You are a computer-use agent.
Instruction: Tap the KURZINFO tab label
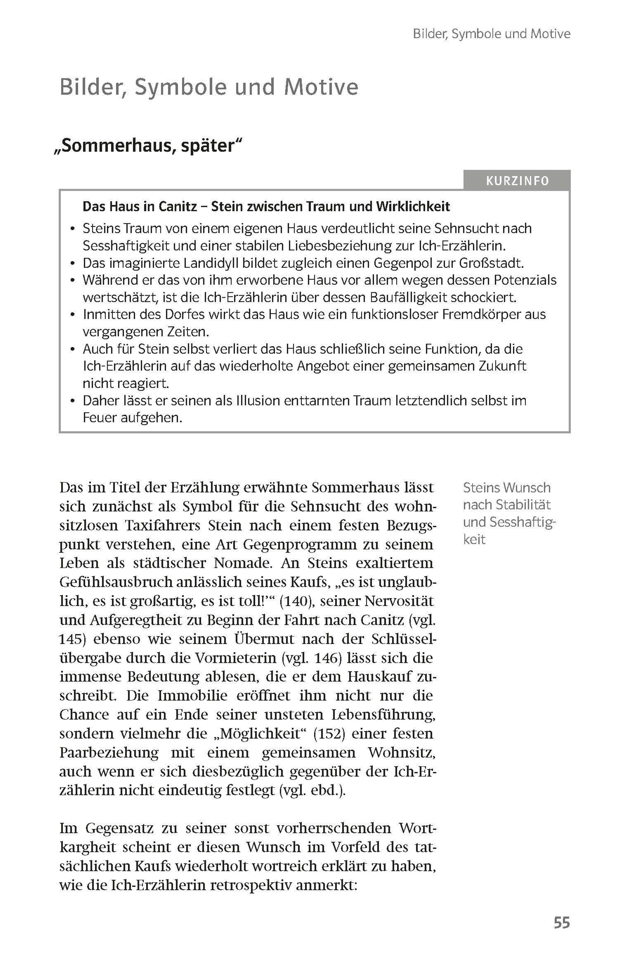(517, 181)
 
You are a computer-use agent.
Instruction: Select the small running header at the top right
(491, 34)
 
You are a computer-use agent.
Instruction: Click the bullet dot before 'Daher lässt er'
(72, 401)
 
